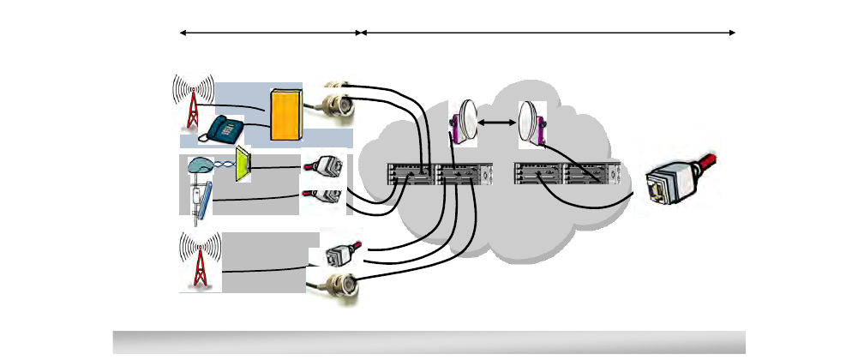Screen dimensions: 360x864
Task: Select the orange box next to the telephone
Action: coord(286,113)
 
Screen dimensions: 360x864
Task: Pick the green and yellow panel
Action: coord(243,165)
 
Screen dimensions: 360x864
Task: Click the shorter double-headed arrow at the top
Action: coord(270,33)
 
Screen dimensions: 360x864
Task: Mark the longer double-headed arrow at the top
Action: coord(549,33)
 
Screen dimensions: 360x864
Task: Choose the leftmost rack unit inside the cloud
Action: coord(411,174)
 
